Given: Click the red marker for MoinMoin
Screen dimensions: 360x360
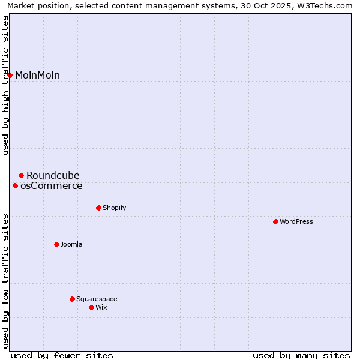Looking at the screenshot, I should click(x=10, y=75).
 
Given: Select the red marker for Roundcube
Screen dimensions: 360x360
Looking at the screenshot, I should click(x=21, y=175).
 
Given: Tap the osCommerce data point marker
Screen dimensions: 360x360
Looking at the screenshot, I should click(x=15, y=185).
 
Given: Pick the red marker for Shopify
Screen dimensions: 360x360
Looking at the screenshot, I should click(x=98, y=208).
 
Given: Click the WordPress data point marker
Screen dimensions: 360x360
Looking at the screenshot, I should click(x=275, y=221).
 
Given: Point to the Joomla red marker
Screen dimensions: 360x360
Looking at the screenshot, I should click(x=56, y=244).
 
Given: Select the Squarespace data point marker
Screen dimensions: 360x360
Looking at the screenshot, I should click(x=72, y=299).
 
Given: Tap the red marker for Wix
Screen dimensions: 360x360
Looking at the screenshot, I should click(x=91, y=307).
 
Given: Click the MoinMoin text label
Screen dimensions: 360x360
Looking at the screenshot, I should click(x=37, y=75).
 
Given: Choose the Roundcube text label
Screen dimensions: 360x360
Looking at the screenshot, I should click(x=53, y=175).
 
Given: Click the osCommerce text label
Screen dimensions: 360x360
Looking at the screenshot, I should click(x=52, y=185).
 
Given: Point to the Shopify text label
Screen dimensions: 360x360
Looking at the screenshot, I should click(x=114, y=208).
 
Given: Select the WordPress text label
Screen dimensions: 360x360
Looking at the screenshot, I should click(x=296, y=221).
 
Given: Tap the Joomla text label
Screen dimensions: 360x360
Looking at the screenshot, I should click(x=71, y=244).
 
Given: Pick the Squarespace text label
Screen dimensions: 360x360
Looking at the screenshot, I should click(x=97, y=299).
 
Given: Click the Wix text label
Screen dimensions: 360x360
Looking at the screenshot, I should click(x=101, y=307).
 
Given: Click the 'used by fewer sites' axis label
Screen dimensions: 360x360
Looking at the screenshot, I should click(x=62, y=355).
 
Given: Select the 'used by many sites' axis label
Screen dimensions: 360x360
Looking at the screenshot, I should click(x=301, y=355).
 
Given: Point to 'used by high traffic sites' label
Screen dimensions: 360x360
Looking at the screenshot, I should click(x=6, y=85).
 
